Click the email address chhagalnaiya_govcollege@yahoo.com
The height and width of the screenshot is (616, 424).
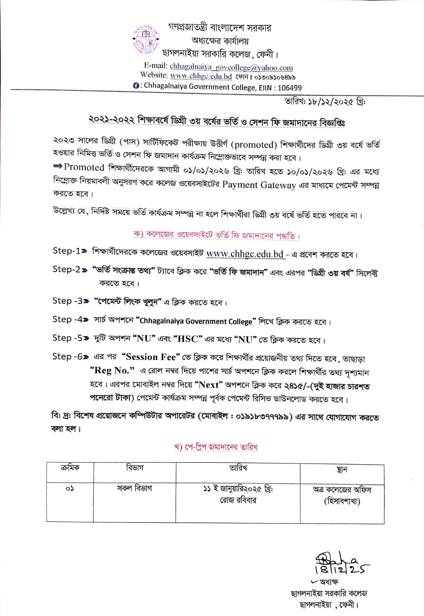click(231, 67)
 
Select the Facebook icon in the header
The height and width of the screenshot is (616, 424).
click(136, 86)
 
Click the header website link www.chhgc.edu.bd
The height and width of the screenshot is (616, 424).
click(201, 76)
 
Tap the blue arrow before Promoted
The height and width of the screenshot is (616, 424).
click(58, 166)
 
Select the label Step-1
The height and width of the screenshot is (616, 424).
click(67, 251)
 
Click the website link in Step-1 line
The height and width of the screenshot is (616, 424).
click(245, 254)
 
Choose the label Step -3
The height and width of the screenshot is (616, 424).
click(68, 301)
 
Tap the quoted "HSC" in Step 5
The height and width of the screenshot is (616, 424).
click(188, 339)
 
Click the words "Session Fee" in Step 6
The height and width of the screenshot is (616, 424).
click(151, 357)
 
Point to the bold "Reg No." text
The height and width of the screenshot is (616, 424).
click(112, 370)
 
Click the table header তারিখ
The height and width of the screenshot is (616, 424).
click(238, 468)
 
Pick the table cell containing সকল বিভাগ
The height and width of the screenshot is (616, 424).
click(134, 488)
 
